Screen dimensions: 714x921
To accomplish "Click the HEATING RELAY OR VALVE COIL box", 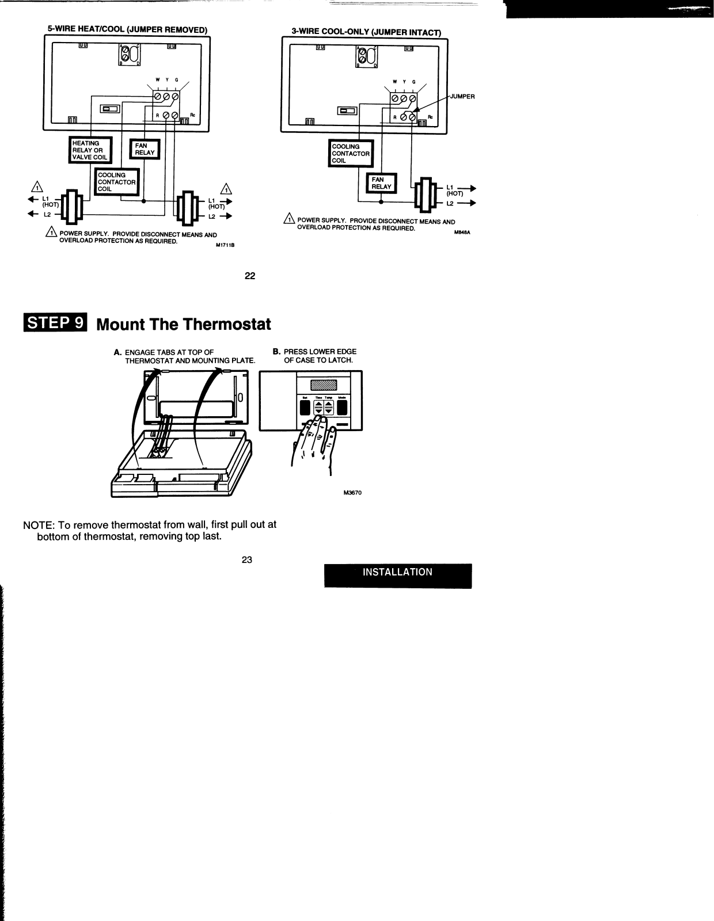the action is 90,150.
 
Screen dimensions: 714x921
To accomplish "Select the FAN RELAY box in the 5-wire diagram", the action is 145,150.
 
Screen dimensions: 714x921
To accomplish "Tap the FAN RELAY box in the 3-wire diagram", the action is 381,183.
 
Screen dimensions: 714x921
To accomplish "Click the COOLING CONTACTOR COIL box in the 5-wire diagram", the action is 116,182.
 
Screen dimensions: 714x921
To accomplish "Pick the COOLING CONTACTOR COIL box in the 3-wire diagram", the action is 350,154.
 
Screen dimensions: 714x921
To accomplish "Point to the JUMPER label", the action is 462,96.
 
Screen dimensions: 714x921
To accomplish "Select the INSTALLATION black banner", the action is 397,573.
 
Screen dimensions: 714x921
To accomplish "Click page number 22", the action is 249,276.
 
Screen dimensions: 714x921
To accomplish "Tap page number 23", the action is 247,560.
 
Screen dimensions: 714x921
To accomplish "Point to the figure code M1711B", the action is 226,245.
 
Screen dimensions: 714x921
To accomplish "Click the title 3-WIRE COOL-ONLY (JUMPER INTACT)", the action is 366,33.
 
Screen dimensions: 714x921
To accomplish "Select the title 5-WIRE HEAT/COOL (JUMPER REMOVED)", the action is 127,29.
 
